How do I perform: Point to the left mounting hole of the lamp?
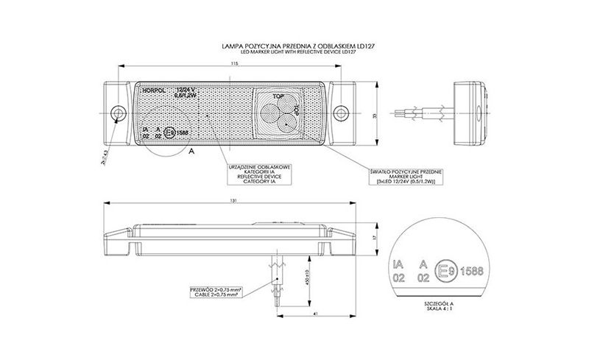tap(117, 113)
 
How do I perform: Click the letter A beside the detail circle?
tap(191, 149)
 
